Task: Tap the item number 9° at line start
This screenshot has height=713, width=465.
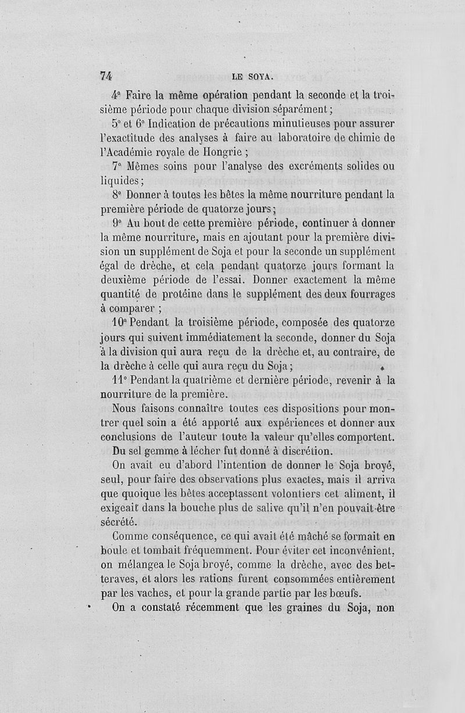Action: [x=118, y=223]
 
